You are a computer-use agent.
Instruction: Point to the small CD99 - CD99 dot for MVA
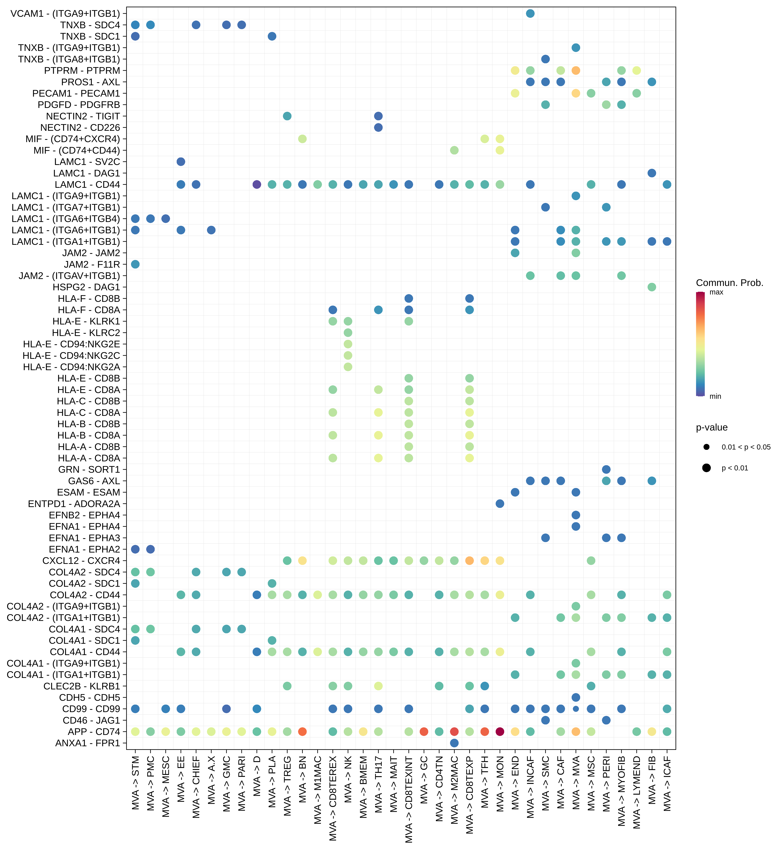pyautogui.click(x=576, y=709)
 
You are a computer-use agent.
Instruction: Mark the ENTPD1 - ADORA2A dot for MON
pyautogui.click(x=500, y=504)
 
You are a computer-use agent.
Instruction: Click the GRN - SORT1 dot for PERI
pyautogui.click(x=606, y=469)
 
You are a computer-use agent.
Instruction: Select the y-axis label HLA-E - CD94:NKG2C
pyautogui.click(x=71, y=355)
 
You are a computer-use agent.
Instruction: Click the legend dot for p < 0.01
pyautogui.click(x=706, y=468)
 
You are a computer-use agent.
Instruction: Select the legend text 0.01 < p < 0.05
pyautogui.click(x=746, y=447)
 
